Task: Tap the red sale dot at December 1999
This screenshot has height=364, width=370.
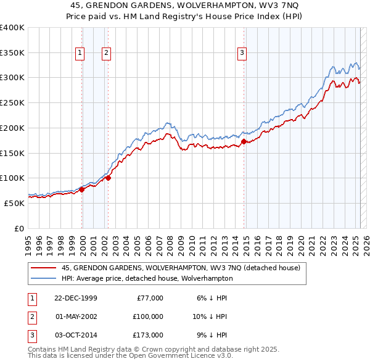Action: (82, 189)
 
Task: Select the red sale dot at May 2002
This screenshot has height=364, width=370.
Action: (108, 178)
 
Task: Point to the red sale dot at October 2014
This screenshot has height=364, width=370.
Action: (244, 141)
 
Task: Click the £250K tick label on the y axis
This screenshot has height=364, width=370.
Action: (12, 102)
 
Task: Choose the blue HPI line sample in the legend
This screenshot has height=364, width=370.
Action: (43, 278)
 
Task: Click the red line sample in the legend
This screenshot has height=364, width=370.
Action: (43, 268)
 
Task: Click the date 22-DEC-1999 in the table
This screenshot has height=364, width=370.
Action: (76, 298)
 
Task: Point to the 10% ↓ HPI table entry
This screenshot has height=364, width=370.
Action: (210, 316)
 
